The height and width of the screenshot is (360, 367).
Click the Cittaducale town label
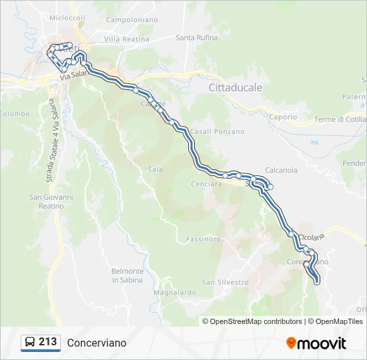coord(236,87)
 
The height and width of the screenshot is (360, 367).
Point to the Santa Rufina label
coord(197,38)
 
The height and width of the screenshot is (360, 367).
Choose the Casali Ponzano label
coord(217,131)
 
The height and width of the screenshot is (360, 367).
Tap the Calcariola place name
coord(281,171)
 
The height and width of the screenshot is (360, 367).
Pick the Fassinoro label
coord(204,239)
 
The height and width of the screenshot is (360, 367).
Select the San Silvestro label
coord(225,283)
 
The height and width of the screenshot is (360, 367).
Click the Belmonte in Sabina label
coord(127,275)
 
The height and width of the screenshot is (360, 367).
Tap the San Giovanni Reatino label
coord(47,201)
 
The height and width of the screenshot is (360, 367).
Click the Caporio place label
coord(283,117)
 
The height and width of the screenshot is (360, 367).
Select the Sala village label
coord(155,170)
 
